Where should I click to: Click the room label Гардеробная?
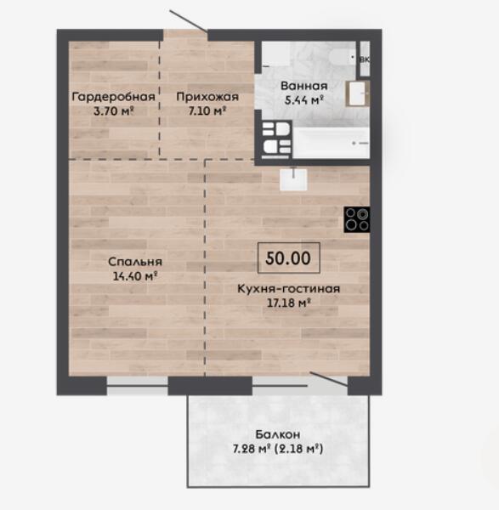[x=113, y=97]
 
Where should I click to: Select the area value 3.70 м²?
[x=114, y=111]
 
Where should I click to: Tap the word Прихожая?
[x=207, y=97]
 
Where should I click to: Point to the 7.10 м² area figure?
[x=207, y=111]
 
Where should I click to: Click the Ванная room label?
[x=303, y=86]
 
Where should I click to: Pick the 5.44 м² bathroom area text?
[x=303, y=100]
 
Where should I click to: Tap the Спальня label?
[x=135, y=262]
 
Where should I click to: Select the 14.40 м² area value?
[x=135, y=276]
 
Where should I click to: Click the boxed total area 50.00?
[x=288, y=258]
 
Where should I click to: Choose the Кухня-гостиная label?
[x=288, y=289]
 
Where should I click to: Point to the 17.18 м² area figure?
[x=288, y=303]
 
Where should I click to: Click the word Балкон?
[x=278, y=434]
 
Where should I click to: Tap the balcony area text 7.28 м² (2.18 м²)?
[x=278, y=449]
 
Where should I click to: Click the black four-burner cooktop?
[x=357, y=219]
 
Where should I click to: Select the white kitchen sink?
[x=293, y=179]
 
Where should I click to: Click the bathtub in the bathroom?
[x=332, y=143]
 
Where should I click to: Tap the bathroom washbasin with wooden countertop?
[x=357, y=93]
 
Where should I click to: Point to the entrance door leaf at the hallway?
[x=189, y=20]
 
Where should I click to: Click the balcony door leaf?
[x=329, y=379]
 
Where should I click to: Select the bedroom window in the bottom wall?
[x=137, y=386]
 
